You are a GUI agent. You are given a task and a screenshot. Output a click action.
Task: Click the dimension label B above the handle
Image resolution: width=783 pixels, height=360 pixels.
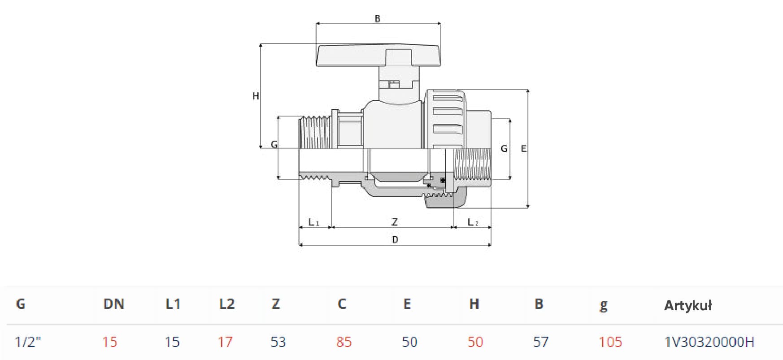[x=377, y=18]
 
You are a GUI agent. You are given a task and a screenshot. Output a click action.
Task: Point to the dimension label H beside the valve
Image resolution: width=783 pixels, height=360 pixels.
[x=256, y=95]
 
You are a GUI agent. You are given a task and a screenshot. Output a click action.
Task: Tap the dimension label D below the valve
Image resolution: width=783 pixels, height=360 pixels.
[x=395, y=239]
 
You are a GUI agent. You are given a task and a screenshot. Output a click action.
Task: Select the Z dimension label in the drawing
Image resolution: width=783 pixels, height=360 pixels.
[x=394, y=222]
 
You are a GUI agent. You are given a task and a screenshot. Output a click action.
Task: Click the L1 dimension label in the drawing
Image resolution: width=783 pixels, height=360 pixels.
[x=313, y=222]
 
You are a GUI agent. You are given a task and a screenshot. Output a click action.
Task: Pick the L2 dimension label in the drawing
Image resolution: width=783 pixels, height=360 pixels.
[x=473, y=222]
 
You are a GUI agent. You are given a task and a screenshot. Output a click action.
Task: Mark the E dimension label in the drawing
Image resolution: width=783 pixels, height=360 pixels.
[x=523, y=148]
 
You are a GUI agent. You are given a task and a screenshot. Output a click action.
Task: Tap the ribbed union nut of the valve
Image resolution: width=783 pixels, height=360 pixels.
[x=447, y=118]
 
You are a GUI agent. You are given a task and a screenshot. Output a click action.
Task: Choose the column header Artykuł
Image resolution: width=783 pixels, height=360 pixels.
[x=687, y=305]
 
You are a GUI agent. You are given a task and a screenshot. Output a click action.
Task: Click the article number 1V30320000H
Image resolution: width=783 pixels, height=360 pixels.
[x=709, y=342]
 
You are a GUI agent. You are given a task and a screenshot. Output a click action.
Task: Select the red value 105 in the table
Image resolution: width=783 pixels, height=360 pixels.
[x=610, y=342]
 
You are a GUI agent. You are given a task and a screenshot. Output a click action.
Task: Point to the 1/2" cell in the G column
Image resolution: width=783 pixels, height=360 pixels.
[x=28, y=342]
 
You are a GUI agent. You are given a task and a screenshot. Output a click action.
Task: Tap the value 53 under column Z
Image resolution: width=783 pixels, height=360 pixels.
[x=278, y=342]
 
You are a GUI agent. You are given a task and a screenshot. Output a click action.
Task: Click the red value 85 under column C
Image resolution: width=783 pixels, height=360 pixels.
[x=344, y=342]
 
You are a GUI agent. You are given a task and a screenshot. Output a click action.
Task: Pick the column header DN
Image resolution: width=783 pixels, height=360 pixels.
[x=113, y=304]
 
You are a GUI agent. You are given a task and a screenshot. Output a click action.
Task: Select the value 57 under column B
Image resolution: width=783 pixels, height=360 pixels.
[x=541, y=342]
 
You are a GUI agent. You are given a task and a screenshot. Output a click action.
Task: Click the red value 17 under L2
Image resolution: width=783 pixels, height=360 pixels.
[x=225, y=342]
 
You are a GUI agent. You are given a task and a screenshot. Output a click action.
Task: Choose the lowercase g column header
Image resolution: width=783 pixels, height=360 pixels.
[x=604, y=305]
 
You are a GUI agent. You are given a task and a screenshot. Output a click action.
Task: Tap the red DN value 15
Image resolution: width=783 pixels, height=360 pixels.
[x=109, y=342]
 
